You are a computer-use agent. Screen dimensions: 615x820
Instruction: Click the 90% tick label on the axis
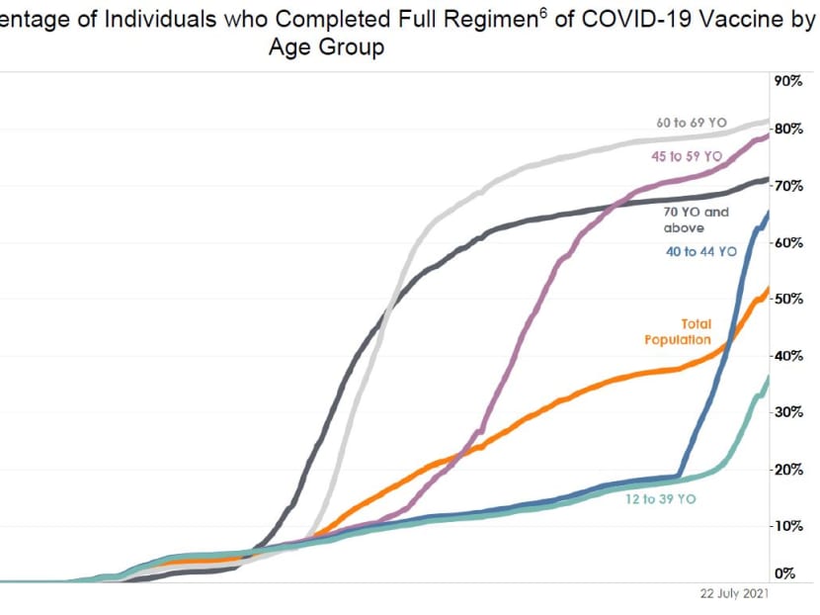click(788, 81)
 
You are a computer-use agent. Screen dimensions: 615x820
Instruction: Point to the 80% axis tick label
click(788, 129)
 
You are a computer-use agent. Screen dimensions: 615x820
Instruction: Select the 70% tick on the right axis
click(788, 185)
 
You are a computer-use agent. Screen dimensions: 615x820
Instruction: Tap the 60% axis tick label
click(788, 242)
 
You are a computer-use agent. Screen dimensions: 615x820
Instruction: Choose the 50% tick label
click(788, 299)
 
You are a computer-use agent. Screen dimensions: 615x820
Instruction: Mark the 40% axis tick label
click(788, 356)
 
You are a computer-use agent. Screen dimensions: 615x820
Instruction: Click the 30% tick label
click(788, 412)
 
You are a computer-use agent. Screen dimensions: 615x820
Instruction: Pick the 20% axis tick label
click(788, 470)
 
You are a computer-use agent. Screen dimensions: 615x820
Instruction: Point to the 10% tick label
click(788, 526)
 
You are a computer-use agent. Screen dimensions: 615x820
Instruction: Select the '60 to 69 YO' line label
click(692, 124)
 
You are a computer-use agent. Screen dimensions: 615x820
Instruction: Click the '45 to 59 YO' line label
click(687, 156)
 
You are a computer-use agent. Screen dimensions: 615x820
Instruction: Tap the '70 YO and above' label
click(697, 220)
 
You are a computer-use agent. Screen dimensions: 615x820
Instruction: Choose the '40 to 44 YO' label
click(701, 252)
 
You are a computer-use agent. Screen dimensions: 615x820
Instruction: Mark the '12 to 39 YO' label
click(660, 499)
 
